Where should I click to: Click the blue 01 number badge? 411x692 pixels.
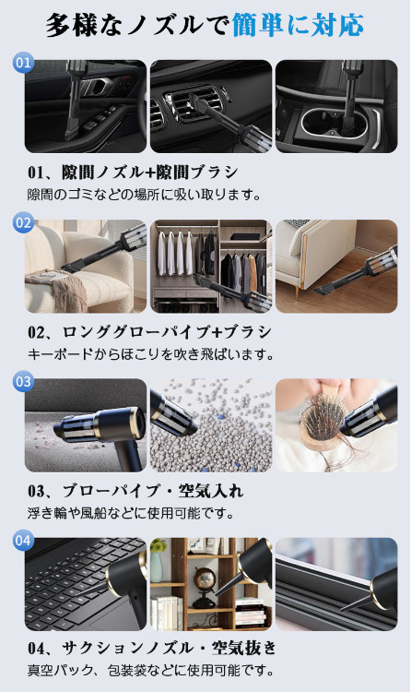coord(23,63)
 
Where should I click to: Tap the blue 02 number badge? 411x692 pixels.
coord(23,222)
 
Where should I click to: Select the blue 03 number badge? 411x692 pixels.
coord(23,381)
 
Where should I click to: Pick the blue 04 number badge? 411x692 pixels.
coord(23,540)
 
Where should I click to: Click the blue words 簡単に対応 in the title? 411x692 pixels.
coord(298,25)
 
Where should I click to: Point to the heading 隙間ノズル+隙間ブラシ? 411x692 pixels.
coord(149,173)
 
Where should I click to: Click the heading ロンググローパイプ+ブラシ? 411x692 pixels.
coord(166,332)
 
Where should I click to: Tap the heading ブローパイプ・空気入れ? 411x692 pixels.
coord(153,491)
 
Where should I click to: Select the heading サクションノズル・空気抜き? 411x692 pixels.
coord(169,648)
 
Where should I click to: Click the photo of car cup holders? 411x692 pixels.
coord(336,106)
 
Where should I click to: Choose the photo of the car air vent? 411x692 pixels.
coord(211,106)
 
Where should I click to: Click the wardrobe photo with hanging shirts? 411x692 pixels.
coord(211,266)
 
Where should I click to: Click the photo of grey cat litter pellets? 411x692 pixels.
coord(211,425)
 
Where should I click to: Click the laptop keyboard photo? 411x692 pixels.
coord(86,584)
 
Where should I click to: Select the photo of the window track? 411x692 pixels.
coord(336,584)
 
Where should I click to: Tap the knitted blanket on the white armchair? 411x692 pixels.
coord(56,289)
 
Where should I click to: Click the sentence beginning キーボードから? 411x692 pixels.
coord(151,354)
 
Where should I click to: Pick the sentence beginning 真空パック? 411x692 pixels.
coord(151,671)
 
